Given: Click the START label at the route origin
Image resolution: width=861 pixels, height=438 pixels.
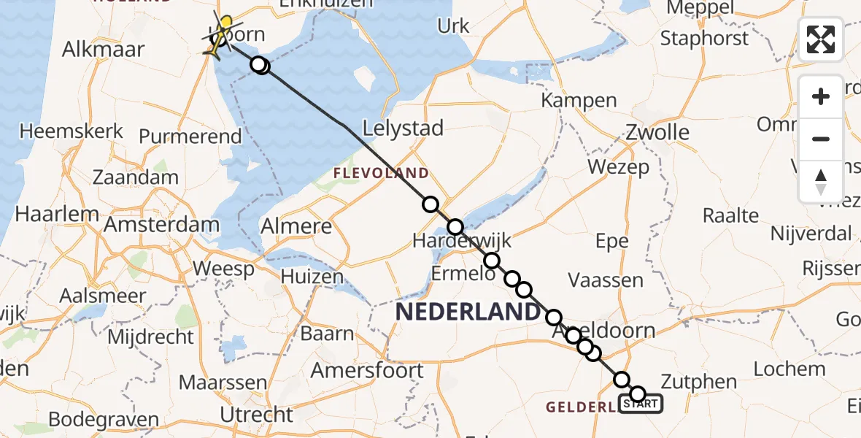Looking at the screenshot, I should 641,403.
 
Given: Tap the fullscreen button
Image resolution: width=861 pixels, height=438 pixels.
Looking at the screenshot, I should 821,40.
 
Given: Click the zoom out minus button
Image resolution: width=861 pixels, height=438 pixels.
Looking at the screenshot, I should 821,139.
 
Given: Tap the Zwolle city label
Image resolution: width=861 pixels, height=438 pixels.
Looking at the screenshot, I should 657,132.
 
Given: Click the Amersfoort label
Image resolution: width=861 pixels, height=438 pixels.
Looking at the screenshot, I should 367,370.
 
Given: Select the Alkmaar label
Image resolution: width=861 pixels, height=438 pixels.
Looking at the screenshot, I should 104,50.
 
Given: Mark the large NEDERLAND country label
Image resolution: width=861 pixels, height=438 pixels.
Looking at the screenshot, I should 467,312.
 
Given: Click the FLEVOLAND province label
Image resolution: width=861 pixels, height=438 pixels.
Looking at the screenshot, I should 381,173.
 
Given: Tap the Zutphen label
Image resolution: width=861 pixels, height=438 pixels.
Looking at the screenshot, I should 698,381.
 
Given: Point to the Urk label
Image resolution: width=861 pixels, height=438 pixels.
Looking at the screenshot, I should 453,26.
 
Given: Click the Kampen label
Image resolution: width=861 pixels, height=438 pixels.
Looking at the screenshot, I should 579,100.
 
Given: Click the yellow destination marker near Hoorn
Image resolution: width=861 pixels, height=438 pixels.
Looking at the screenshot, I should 225,25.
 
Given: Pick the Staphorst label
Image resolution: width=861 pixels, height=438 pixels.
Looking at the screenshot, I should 704,38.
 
